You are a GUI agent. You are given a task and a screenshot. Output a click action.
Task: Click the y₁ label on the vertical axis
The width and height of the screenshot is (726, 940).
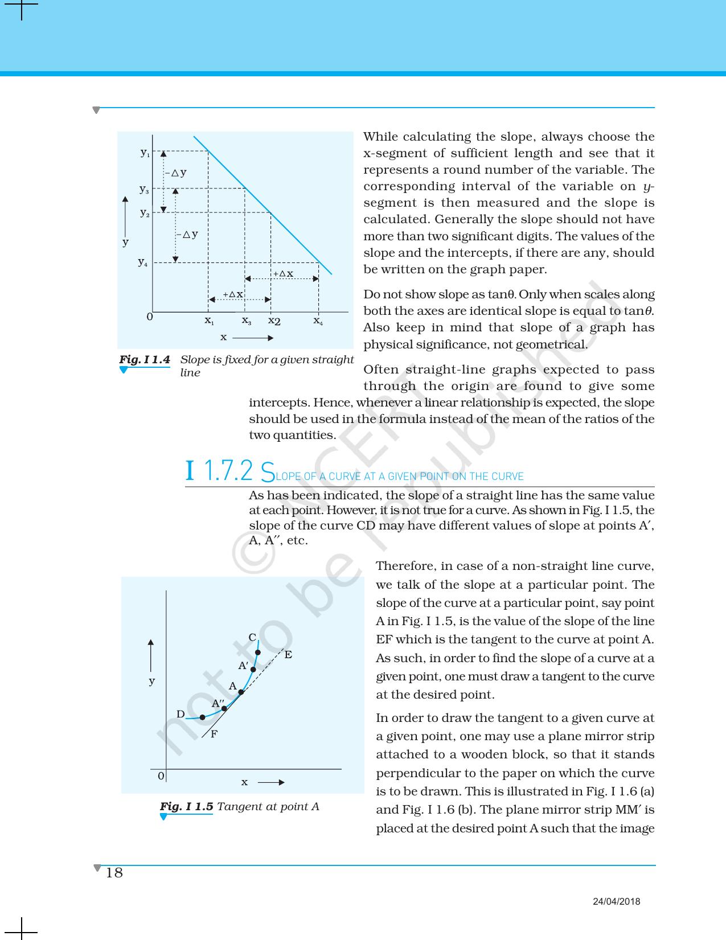click(x=145, y=153)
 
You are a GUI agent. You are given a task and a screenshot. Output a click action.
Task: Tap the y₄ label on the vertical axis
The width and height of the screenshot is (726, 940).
click(x=143, y=262)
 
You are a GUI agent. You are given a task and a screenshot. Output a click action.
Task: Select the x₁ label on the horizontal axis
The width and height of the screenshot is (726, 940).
click(x=210, y=321)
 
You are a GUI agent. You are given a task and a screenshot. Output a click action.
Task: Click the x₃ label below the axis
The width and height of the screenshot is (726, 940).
click(x=247, y=321)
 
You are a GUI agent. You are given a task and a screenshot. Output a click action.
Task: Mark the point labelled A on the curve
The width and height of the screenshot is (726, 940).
click(x=241, y=692)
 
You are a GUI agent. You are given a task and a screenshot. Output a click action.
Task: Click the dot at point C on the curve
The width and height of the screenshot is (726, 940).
click(x=258, y=652)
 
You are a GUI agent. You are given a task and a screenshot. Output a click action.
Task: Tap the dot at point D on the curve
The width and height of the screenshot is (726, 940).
click(x=202, y=717)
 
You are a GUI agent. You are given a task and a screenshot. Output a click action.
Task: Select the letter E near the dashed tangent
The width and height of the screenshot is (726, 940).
click(x=288, y=655)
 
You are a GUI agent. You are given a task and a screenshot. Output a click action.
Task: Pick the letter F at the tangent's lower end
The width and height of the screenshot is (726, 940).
click(x=214, y=734)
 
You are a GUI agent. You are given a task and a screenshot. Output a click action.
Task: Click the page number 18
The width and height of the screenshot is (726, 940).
click(x=114, y=873)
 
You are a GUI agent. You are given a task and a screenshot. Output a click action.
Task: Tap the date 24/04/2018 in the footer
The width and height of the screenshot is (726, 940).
click(x=617, y=901)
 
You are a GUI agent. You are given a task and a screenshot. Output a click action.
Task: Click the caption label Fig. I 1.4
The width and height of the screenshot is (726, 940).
click(x=145, y=360)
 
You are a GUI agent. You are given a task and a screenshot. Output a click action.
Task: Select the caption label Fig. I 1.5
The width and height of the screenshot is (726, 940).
click(x=186, y=806)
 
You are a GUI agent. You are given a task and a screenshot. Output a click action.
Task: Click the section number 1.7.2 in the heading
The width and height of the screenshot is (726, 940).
click(x=227, y=471)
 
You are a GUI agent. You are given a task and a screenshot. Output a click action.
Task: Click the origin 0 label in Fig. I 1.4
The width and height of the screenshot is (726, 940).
click(x=149, y=316)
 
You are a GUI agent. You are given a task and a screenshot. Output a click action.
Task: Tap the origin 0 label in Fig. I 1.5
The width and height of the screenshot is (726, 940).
click(x=161, y=776)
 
